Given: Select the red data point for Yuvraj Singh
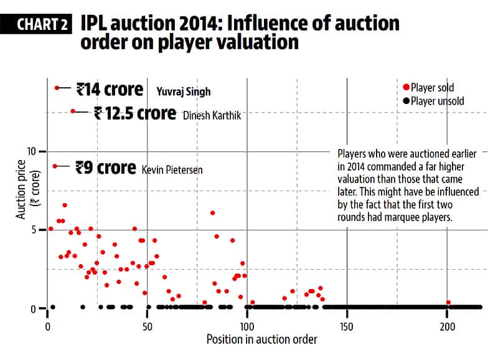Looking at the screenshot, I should (57, 88).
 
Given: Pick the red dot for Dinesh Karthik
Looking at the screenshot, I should (73, 111).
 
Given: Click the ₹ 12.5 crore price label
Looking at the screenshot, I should (134, 113).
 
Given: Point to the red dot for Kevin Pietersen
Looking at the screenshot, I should (55, 166).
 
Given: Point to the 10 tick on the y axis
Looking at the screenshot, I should (33, 151).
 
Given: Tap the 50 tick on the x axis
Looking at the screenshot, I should (147, 326).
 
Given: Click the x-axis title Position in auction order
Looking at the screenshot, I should (261, 339).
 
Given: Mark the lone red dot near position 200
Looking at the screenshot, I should (448, 303).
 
